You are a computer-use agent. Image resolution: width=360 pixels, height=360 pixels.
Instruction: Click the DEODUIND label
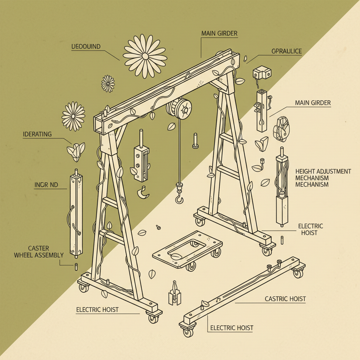[86, 46]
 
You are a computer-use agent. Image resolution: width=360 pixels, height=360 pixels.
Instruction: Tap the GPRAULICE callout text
[287, 51]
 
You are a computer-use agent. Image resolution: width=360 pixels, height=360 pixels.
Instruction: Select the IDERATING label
[37, 134]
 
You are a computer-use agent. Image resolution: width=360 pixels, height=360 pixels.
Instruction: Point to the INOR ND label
[46, 185]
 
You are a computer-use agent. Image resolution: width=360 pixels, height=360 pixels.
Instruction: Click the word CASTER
[38, 249]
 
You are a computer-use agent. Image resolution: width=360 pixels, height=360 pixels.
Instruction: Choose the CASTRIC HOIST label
[285, 299]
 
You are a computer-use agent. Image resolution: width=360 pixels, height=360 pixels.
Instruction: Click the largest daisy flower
[144, 56]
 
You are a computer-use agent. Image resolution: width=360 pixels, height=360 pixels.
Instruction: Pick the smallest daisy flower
[108, 83]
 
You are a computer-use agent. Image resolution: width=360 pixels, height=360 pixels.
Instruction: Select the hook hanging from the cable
[179, 199]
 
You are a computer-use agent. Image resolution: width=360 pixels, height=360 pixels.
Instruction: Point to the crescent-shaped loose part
[143, 193]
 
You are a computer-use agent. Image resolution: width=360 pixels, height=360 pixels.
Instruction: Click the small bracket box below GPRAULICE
[262, 73]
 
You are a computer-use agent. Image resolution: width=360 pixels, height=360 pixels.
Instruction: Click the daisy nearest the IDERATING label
[73, 116]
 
